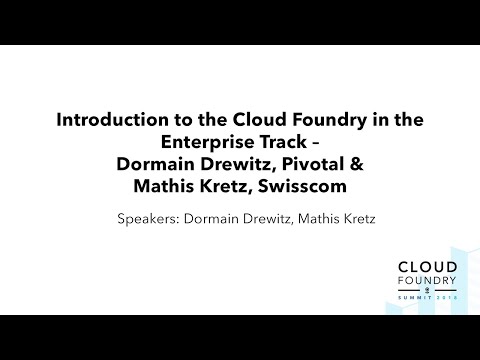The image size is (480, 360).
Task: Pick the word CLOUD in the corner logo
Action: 427,268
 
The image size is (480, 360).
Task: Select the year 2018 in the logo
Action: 446,300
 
